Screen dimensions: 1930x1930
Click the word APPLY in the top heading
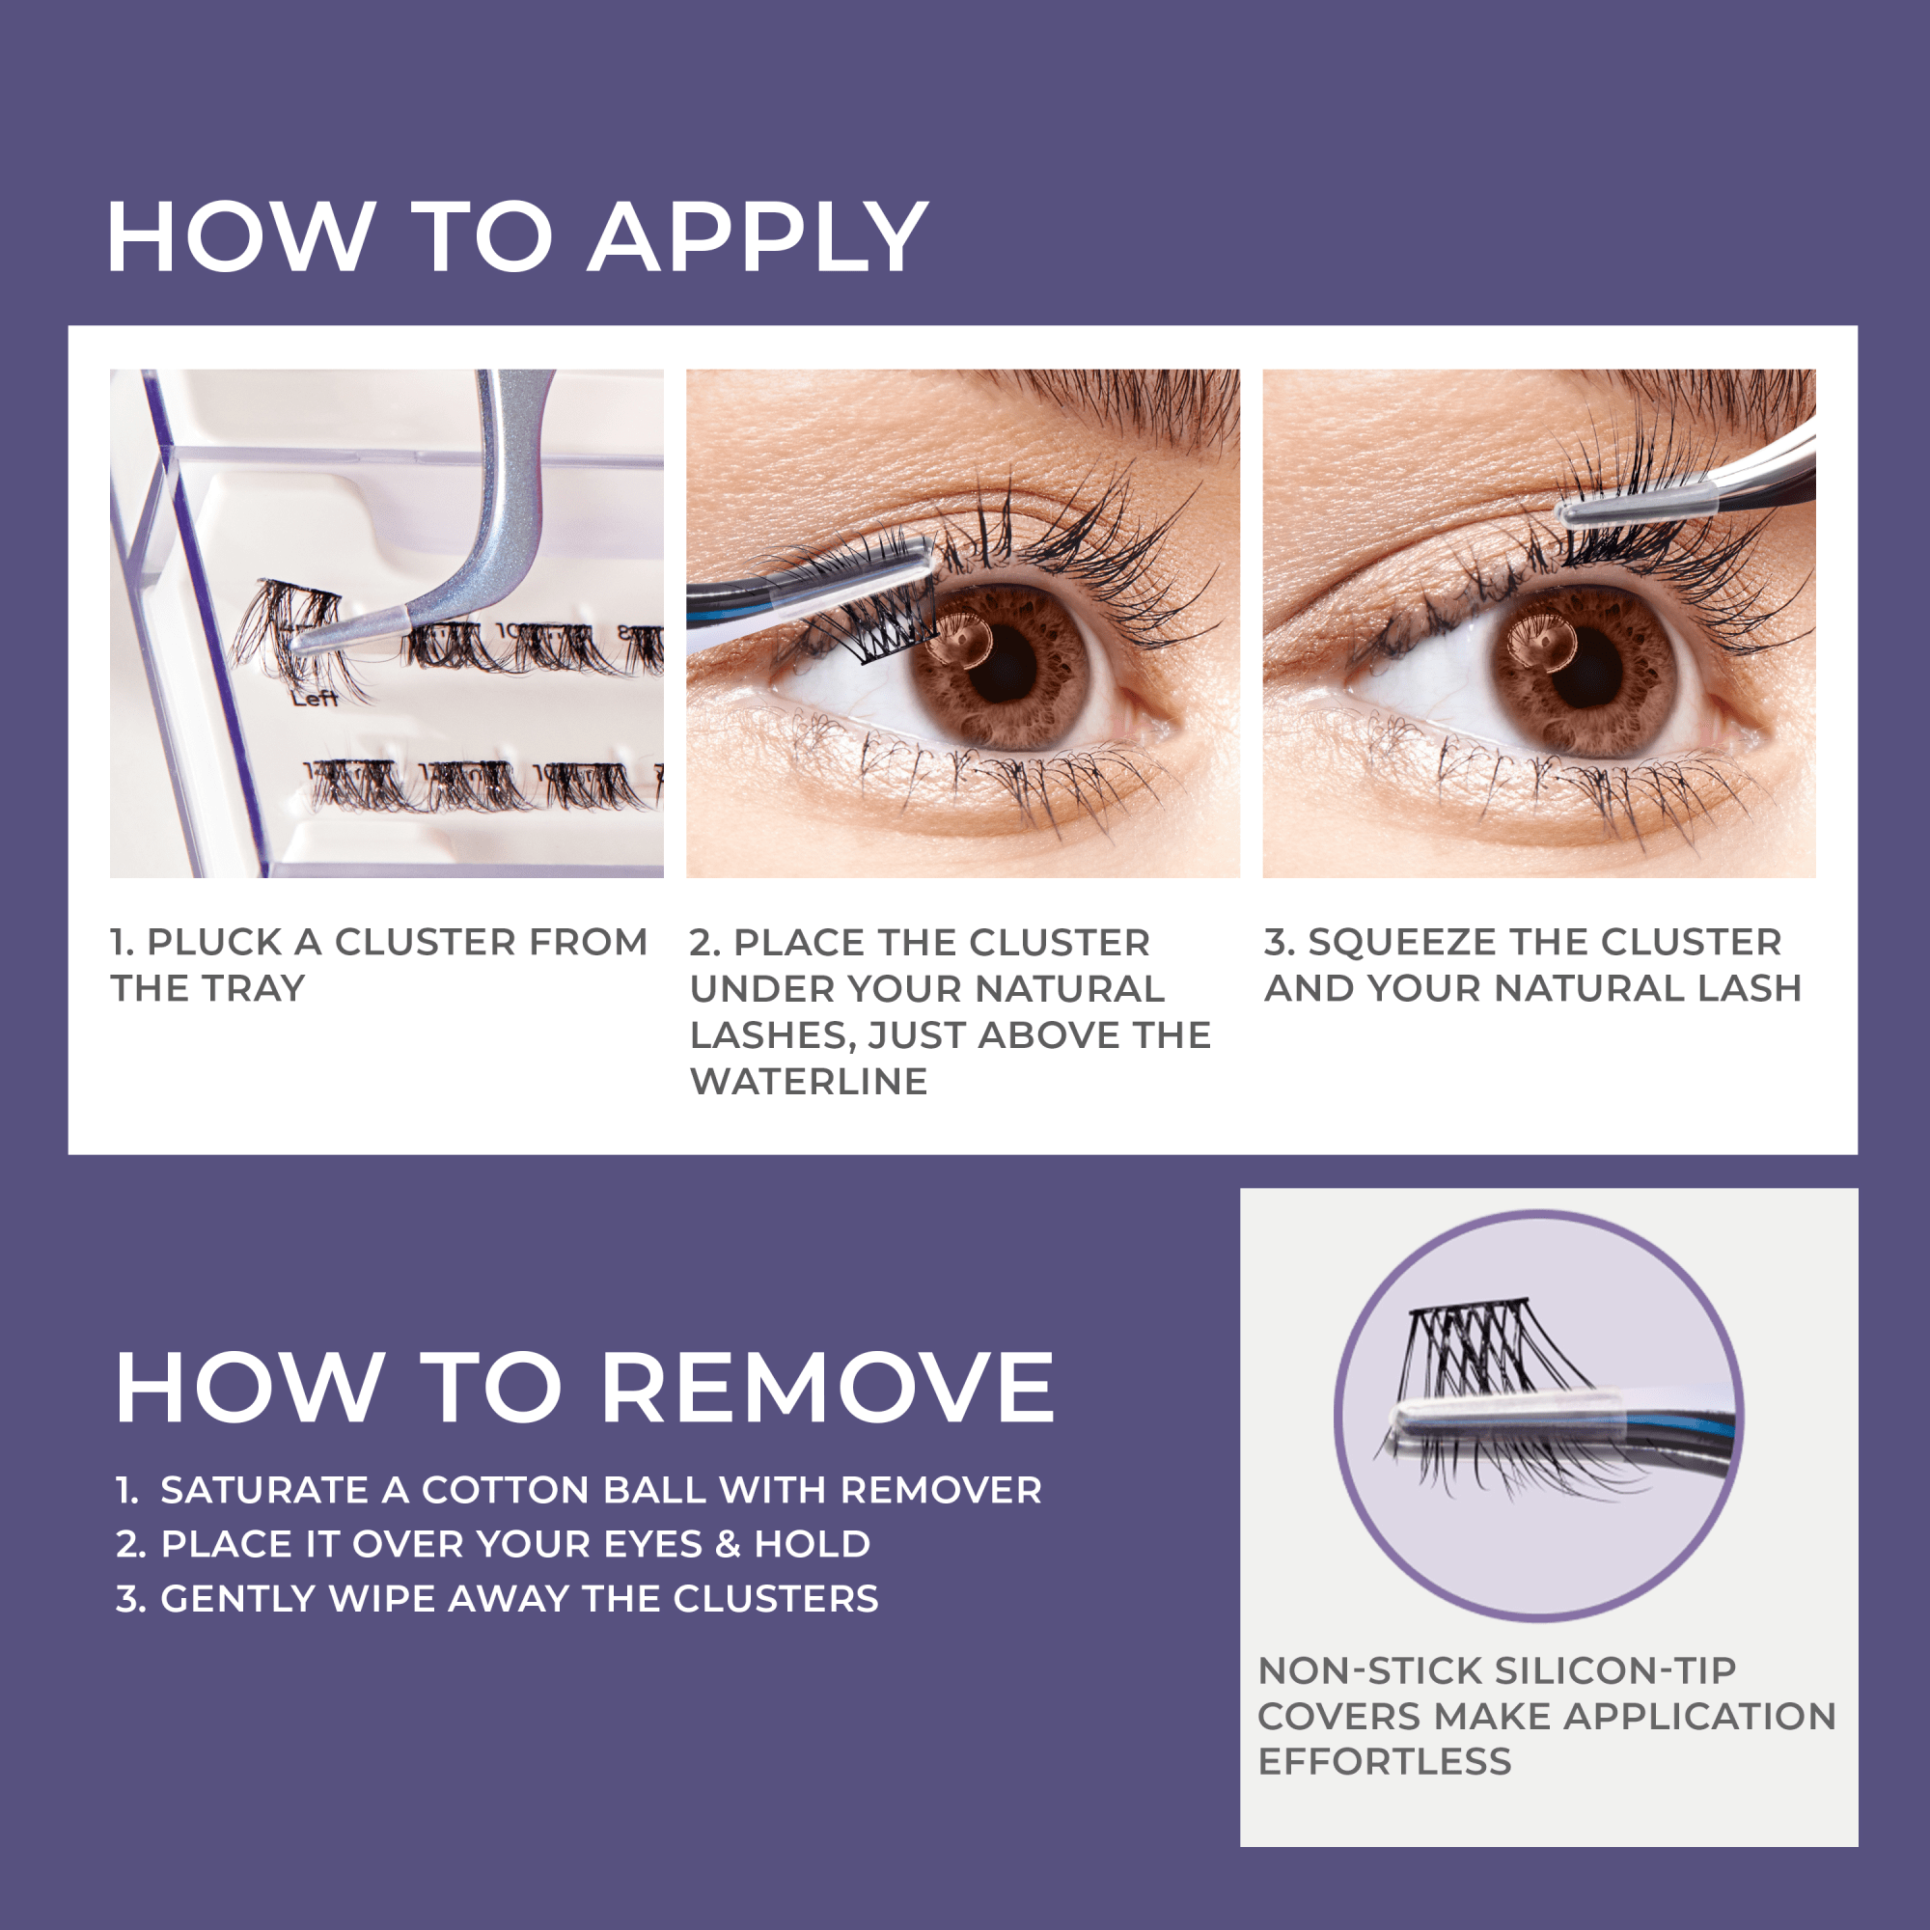click(x=758, y=237)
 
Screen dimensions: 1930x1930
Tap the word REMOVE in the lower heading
click(x=827, y=1388)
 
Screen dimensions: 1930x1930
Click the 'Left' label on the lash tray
click(x=315, y=699)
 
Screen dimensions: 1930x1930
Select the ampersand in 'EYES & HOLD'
click(x=728, y=1543)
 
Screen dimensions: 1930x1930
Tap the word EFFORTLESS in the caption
click(x=1384, y=1761)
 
